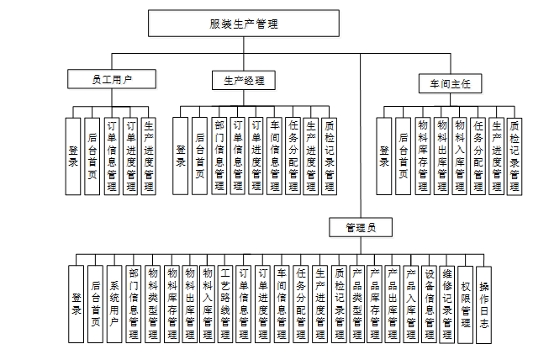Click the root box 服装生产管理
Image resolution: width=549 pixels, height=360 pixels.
point(244,24)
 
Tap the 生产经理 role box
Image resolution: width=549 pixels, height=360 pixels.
point(244,81)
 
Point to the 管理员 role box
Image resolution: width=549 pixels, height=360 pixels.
point(360,227)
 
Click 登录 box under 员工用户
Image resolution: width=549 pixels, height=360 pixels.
point(73,156)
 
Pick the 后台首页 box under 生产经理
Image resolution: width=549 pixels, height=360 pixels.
point(200,156)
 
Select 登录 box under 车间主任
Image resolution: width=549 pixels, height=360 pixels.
point(384,156)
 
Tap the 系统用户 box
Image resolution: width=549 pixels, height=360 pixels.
point(114,304)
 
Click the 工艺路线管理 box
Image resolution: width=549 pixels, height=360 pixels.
point(224,304)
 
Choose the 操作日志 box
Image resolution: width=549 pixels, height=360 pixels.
point(483,304)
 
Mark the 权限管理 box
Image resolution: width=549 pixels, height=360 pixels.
point(465,304)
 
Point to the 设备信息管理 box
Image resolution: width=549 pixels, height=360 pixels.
point(430,304)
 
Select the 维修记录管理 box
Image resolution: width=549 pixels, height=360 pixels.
point(447,304)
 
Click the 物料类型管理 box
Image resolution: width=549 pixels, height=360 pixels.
point(152,304)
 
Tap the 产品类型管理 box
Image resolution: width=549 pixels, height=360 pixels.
point(356,304)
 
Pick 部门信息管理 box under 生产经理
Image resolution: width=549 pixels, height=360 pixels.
point(219,156)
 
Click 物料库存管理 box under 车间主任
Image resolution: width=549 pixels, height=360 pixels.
point(422,156)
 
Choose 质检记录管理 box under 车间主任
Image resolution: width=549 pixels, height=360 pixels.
point(514,156)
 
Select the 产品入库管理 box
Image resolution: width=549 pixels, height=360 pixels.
point(411,304)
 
